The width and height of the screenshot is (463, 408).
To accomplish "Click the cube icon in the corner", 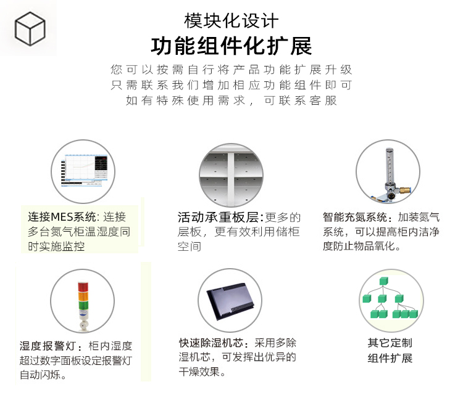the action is coord(30,28).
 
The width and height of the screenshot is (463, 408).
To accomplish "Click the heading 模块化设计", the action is coord(231,21).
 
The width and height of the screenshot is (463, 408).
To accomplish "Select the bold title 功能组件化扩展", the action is coord(231,46).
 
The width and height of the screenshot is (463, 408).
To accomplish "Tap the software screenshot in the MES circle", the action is coord(84,171).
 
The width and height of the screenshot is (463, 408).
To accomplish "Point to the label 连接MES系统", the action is coord(62,217).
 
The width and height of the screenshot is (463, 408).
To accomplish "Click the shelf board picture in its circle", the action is coord(231,176).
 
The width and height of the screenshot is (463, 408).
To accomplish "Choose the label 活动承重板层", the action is coord(219,218).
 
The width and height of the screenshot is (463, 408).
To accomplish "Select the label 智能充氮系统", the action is coord(355,218).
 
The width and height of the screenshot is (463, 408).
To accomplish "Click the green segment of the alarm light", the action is coord(83,305).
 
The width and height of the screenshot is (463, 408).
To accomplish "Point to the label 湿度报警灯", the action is coord(48,346).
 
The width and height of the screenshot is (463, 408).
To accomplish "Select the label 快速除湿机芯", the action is coord(211,343).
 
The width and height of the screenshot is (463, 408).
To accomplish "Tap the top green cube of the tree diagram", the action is coord(383,281).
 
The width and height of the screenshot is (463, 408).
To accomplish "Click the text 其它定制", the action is coord(390,343).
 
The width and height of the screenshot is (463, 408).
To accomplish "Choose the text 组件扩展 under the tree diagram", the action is coord(390,358).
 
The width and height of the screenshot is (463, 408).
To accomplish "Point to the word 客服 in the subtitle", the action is coord(323,100).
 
